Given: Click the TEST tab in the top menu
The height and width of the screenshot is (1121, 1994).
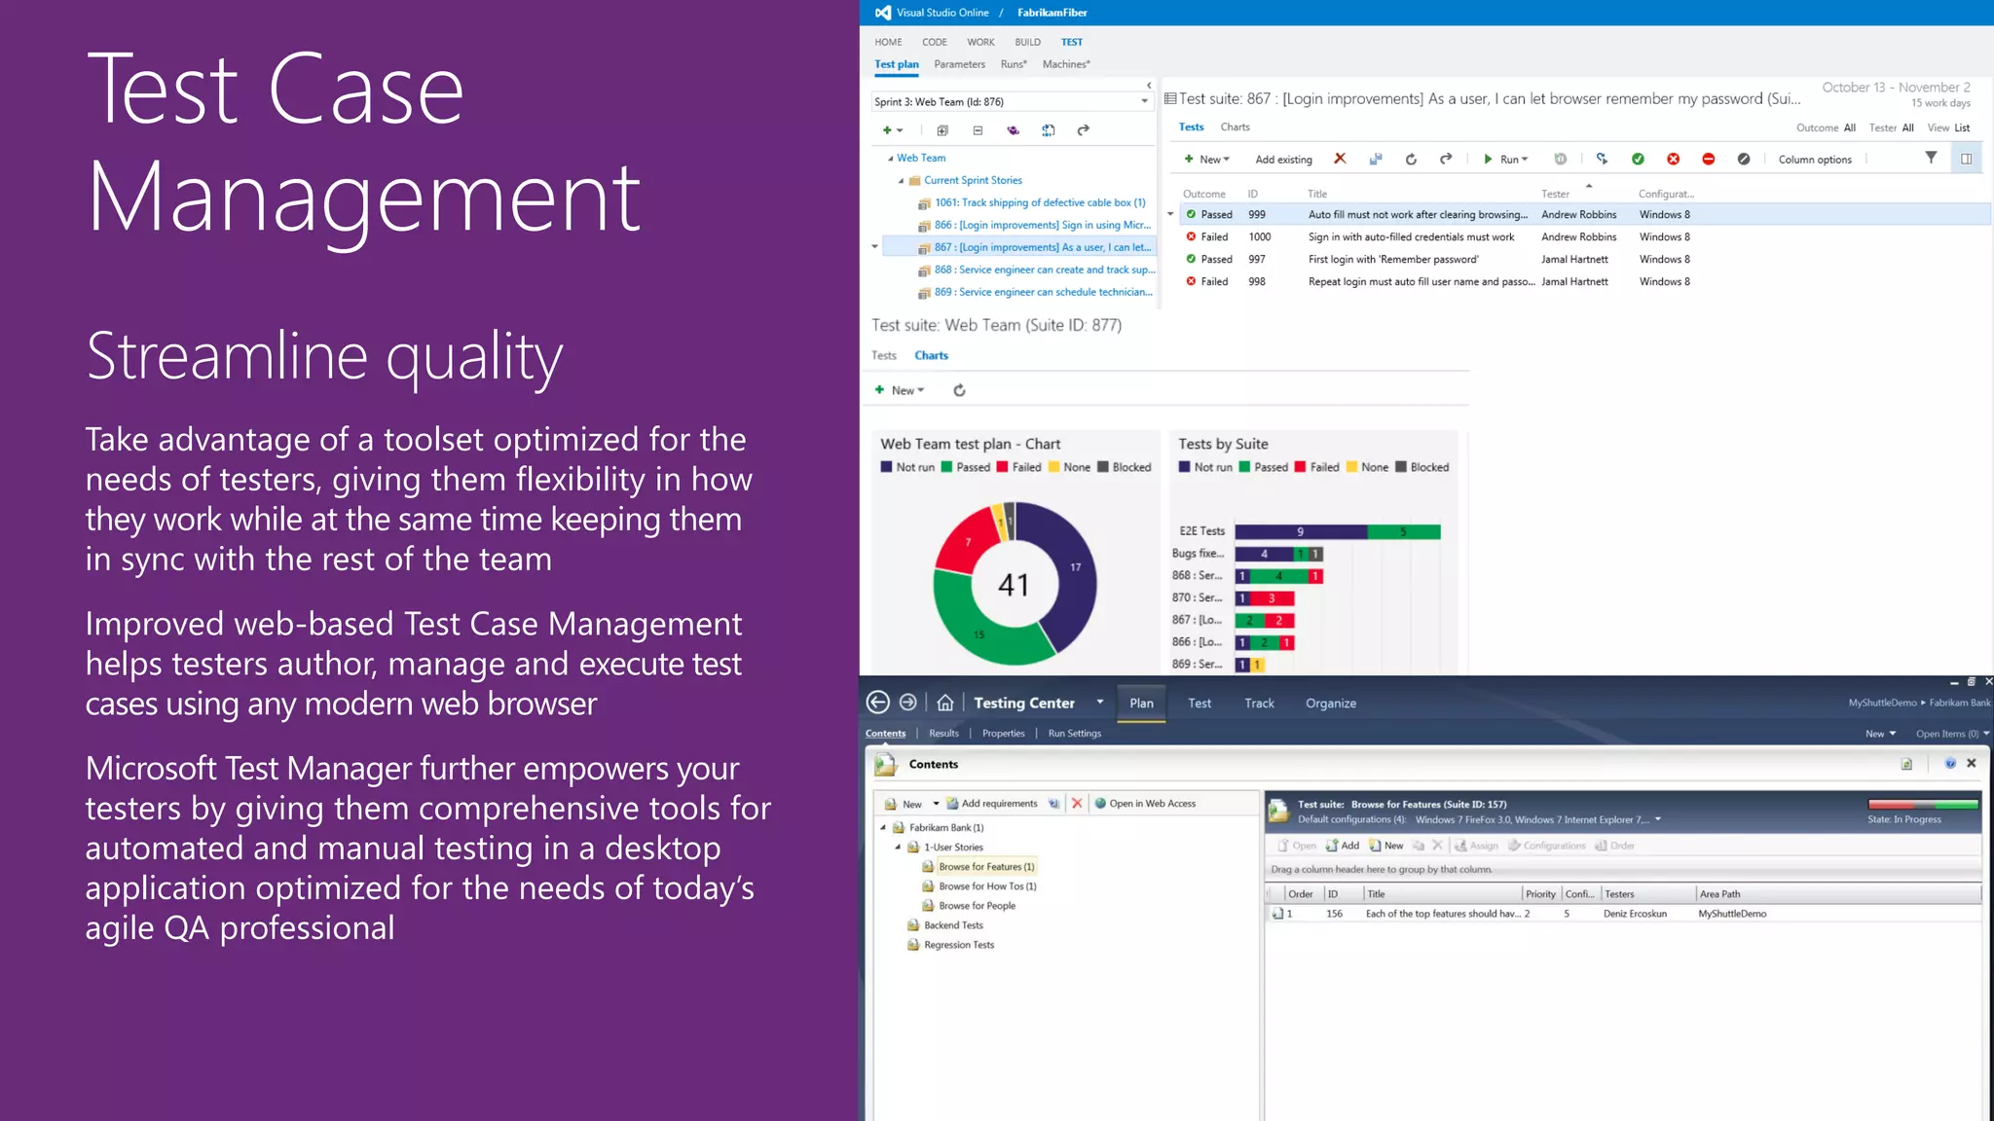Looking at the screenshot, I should tap(1071, 42).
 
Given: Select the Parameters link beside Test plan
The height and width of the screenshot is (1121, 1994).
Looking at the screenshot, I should tap(959, 64).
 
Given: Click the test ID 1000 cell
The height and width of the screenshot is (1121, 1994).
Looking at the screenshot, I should tap(1259, 236).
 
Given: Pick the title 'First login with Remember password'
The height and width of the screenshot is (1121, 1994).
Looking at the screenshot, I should tap(1392, 259).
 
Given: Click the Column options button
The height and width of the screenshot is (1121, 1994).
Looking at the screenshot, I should tap(1814, 160).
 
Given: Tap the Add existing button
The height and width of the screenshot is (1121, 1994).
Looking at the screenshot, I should tap(1283, 160).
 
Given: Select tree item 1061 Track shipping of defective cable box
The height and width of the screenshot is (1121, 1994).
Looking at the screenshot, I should tap(1039, 202).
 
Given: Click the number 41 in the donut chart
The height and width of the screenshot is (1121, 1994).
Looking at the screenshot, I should tap(1013, 585).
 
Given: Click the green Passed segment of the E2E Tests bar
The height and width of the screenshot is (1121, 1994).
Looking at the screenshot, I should tap(1403, 531).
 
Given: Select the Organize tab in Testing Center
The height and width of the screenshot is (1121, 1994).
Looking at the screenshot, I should tap(1330, 704).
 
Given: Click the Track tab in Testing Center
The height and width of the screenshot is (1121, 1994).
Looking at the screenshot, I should tap(1258, 704).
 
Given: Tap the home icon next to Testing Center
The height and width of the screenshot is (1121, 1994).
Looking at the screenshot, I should tap(944, 703).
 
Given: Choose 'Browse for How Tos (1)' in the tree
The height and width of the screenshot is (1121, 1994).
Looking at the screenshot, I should tap(986, 886).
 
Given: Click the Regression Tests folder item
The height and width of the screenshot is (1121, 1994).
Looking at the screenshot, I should tap(958, 945).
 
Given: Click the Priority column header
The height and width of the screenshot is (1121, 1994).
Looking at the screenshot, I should tap(1540, 894).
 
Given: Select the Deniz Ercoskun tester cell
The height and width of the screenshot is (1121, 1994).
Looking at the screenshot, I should tap(1635, 914).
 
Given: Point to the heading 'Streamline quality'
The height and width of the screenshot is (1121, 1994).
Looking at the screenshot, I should tap(324, 356).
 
